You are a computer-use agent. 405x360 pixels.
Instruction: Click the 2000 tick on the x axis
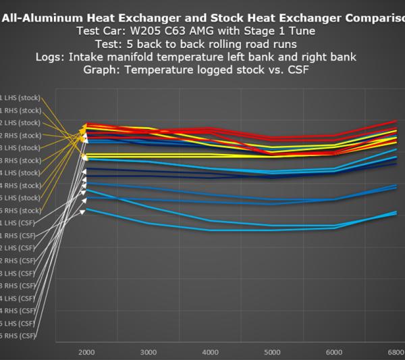point(85,353)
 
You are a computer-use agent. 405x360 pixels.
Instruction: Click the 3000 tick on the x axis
point(147,353)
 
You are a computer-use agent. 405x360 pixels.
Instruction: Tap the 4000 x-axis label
point(210,353)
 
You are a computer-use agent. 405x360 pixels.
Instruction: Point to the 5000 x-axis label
point(273,353)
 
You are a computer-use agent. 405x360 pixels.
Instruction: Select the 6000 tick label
point(335,353)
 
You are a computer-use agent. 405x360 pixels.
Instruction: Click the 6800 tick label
point(395,353)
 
